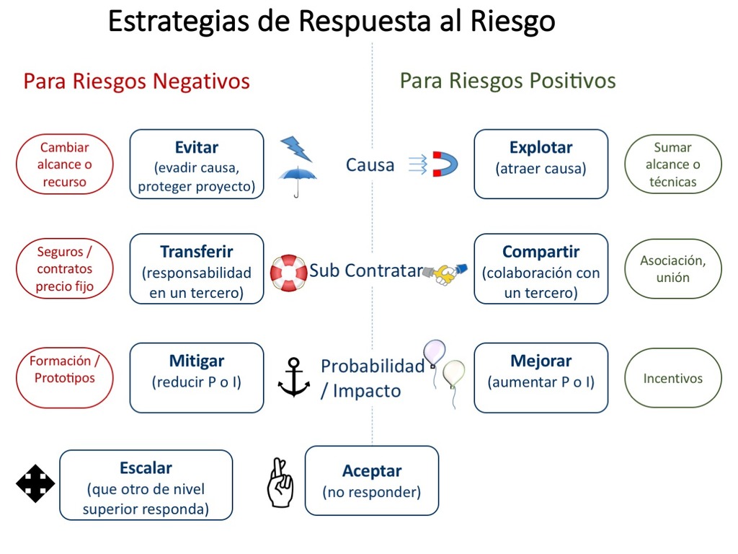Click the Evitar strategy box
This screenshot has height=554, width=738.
click(197, 164)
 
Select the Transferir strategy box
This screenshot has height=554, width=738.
click(197, 268)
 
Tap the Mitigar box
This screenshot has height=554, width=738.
click(197, 378)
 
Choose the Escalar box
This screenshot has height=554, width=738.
click(146, 485)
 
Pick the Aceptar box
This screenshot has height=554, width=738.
click(372, 480)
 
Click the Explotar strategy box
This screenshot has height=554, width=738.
click(541, 164)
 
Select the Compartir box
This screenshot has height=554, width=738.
click(541, 268)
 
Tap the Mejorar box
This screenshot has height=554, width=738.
click(541, 378)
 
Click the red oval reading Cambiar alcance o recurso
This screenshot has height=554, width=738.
click(64, 164)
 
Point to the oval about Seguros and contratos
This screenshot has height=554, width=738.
click(64, 268)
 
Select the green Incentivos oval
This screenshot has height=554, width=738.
click(673, 378)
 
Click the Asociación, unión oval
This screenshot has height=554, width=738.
click(673, 268)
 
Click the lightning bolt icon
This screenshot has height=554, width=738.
click(296, 149)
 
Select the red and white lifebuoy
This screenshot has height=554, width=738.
click(288, 273)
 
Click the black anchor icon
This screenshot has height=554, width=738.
click(294, 377)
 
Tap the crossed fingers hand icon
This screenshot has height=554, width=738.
click(280, 483)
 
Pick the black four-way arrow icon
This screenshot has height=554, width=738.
click(35, 484)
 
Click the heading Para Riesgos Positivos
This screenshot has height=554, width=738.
click(508, 81)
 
